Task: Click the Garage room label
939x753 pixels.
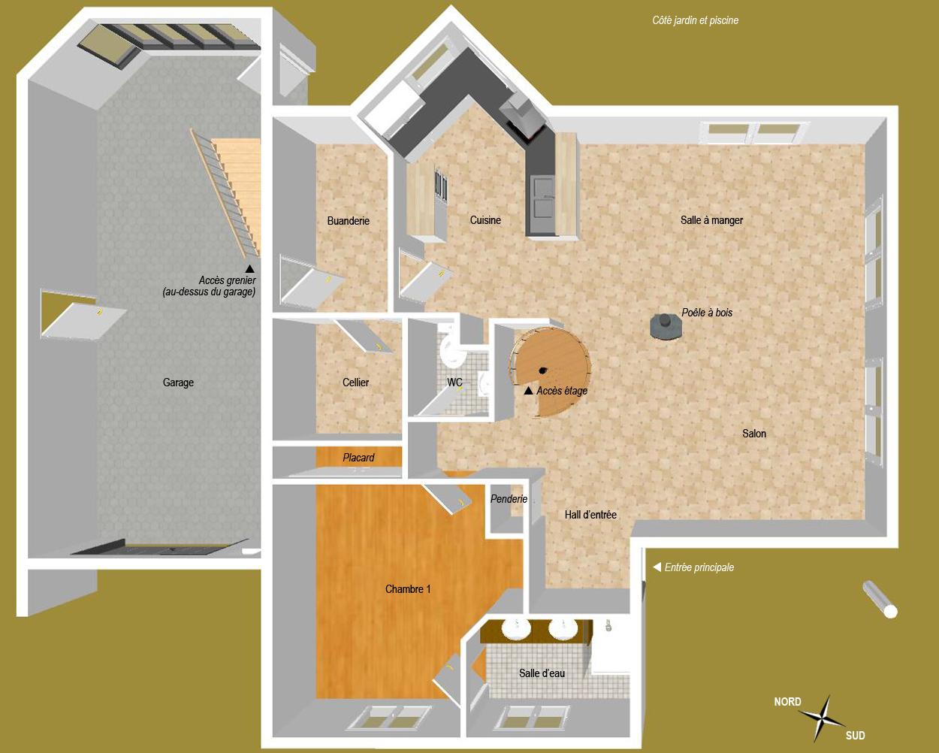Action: pyautogui.click(x=178, y=383)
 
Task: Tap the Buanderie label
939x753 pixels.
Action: pyautogui.click(x=349, y=221)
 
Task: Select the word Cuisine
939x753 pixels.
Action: pyautogui.click(x=485, y=220)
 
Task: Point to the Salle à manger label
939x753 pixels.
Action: pyautogui.click(x=711, y=220)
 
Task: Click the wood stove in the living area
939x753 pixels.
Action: pyautogui.click(x=666, y=326)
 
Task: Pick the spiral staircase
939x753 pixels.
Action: pyautogui.click(x=551, y=371)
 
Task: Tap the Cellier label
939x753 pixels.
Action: pyautogui.click(x=355, y=383)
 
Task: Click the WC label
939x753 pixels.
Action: pyautogui.click(x=454, y=382)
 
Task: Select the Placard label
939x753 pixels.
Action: pyautogui.click(x=358, y=458)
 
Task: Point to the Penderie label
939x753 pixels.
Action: pyautogui.click(x=509, y=498)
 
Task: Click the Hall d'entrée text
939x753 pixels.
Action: pyautogui.click(x=590, y=515)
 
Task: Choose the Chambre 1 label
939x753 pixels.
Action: pyautogui.click(x=408, y=589)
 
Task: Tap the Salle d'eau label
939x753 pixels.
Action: pyautogui.click(x=542, y=673)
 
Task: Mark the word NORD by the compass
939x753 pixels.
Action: pyautogui.click(x=787, y=701)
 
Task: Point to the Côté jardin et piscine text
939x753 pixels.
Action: pyautogui.click(x=695, y=20)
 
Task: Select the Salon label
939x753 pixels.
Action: pyautogui.click(x=754, y=434)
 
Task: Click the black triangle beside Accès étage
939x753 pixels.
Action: pyautogui.click(x=528, y=391)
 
